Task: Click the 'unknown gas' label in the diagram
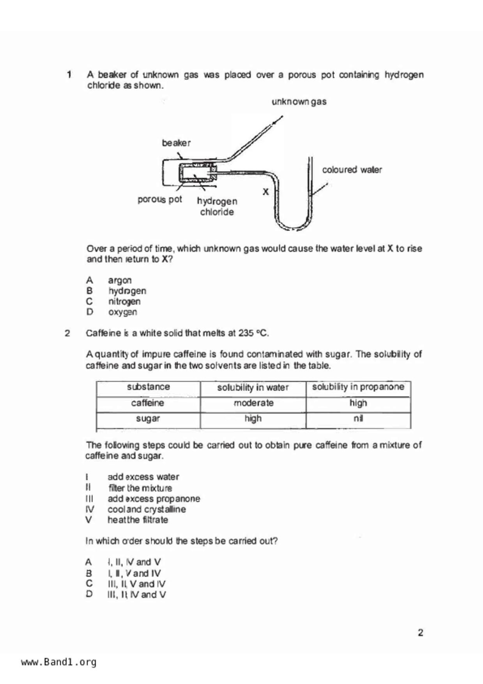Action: coord(299,102)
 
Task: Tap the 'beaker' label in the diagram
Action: coord(176,143)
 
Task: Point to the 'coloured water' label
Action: coord(352,170)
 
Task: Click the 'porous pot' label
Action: coord(159,200)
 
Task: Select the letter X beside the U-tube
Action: coord(265,192)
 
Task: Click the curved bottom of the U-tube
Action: coord(294,226)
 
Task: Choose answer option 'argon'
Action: coord(120,280)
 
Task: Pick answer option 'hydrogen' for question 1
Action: coord(127,291)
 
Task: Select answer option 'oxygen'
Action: coord(122,312)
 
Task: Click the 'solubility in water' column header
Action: coord(253,388)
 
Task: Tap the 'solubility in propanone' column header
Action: coord(358,387)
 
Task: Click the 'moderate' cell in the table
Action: coord(253,403)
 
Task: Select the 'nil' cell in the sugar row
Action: coord(358,418)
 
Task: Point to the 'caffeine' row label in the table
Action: coord(147,403)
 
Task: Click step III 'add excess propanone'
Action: coord(154,499)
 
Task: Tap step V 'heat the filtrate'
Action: coord(138,520)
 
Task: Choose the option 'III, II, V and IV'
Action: coord(136,584)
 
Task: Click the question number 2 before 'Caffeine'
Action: coord(67,333)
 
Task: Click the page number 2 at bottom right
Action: coord(420,633)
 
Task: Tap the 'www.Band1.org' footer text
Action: coord(59,662)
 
